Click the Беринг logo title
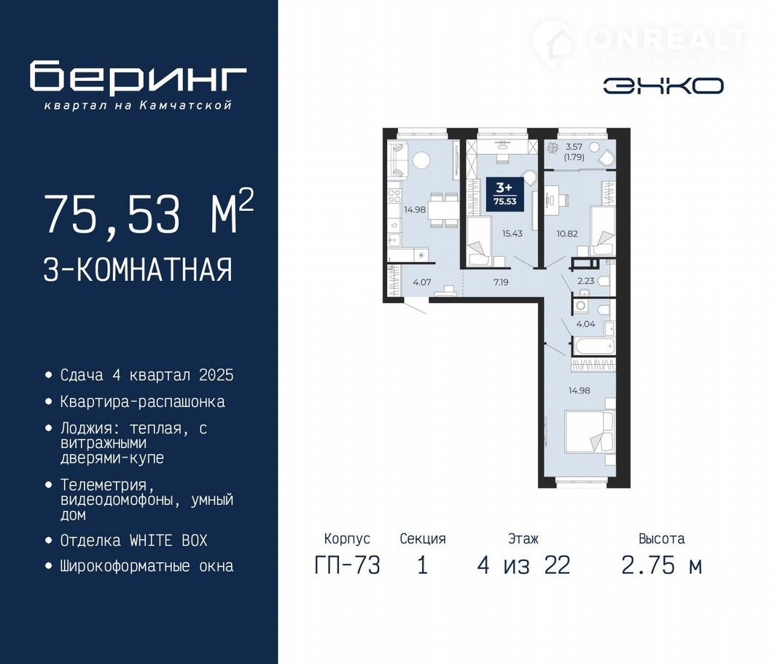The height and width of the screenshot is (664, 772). pos(138,77)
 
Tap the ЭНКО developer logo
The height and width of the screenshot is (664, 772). pos(663,86)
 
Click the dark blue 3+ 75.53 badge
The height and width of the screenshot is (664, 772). pos(504,194)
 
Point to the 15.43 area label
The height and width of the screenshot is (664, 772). pos(512,233)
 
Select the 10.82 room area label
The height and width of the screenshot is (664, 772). pos(567,233)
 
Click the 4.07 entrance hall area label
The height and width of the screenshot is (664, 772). pos(422,282)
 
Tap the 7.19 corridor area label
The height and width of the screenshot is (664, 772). pos(501,282)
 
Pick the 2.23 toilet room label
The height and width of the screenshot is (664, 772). pos(586,281)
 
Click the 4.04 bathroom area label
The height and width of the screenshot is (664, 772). pos(585,324)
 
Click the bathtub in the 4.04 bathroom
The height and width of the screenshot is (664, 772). pos(594,346)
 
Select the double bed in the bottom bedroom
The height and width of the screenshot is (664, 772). pos(590,432)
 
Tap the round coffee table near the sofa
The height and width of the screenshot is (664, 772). pos(421,160)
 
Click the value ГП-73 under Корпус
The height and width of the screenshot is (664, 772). pos(347,565)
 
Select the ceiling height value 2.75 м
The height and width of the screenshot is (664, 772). pos(662,565)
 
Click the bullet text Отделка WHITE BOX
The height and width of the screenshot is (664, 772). pos(134,541)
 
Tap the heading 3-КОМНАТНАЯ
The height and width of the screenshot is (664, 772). pos(138,269)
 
